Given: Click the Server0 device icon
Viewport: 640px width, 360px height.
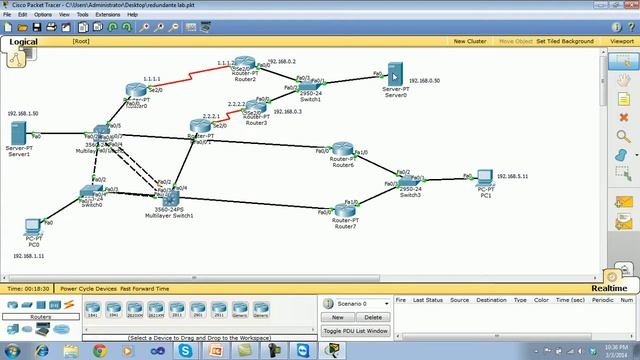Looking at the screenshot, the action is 395,76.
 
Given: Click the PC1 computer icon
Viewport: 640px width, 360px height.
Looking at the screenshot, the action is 486,178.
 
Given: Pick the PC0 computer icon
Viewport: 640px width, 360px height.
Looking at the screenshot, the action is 32,227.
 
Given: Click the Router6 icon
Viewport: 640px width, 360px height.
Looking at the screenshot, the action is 343,151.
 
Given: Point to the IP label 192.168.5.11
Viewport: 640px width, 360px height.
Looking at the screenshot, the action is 512,176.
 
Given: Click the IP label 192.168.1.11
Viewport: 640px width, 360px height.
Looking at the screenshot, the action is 28,256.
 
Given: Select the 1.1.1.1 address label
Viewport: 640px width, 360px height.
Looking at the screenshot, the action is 152,78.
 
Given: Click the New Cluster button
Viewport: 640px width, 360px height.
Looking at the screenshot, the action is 470,41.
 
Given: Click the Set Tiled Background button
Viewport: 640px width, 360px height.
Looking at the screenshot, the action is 565,41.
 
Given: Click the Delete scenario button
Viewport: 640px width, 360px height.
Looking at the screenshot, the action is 372,317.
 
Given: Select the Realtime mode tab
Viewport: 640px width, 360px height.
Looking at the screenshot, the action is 608,288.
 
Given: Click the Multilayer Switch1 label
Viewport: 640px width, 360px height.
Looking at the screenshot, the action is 168,215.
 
